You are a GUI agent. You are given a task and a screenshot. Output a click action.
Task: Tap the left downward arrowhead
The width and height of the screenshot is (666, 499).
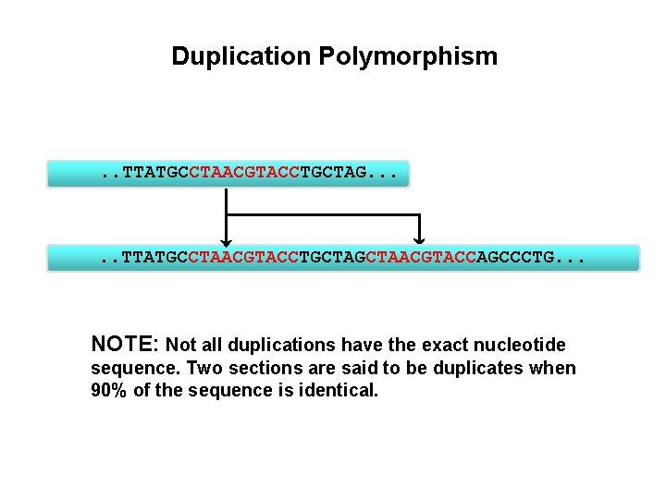tap(224, 238)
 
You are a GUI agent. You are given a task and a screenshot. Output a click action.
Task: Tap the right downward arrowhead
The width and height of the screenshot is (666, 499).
tap(420, 238)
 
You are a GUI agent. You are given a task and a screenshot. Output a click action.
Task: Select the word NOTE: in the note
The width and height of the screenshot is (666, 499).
tap(126, 345)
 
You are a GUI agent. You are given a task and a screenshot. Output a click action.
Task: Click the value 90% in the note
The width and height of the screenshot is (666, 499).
tap(110, 390)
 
